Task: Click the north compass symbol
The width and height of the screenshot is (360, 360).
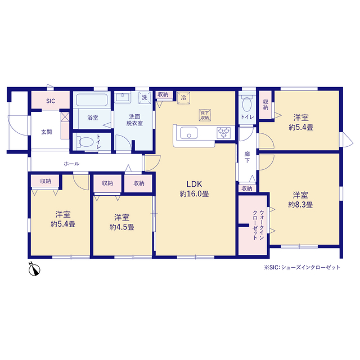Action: point(34,269)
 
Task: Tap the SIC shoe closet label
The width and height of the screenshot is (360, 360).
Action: point(51,101)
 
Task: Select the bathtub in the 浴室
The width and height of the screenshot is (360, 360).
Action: point(92,100)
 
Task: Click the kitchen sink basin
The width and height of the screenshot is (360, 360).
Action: point(189,133)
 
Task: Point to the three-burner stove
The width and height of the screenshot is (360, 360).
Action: point(224,133)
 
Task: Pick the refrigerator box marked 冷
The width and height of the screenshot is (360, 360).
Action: point(183,98)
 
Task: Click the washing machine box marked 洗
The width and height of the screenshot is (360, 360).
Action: point(145,97)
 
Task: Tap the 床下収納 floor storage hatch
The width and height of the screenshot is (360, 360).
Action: point(205,115)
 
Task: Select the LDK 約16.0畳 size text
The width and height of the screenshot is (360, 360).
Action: point(194,189)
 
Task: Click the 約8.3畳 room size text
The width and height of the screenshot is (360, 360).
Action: point(300,205)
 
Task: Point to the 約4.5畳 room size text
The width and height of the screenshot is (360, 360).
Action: point(121,227)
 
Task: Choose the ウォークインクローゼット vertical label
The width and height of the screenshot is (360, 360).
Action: point(258,225)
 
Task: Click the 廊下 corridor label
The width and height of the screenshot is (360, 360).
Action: point(247,157)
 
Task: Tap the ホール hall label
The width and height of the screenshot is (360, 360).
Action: point(71,164)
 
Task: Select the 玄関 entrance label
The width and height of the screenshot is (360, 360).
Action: point(46,132)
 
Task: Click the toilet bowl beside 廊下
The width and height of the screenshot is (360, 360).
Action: point(247,105)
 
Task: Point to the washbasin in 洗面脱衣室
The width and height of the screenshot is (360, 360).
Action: point(123,97)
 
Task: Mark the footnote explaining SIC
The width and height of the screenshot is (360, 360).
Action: point(302,268)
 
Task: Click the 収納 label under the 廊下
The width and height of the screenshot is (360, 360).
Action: point(247,188)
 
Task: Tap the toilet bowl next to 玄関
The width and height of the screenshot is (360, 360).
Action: point(86,142)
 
